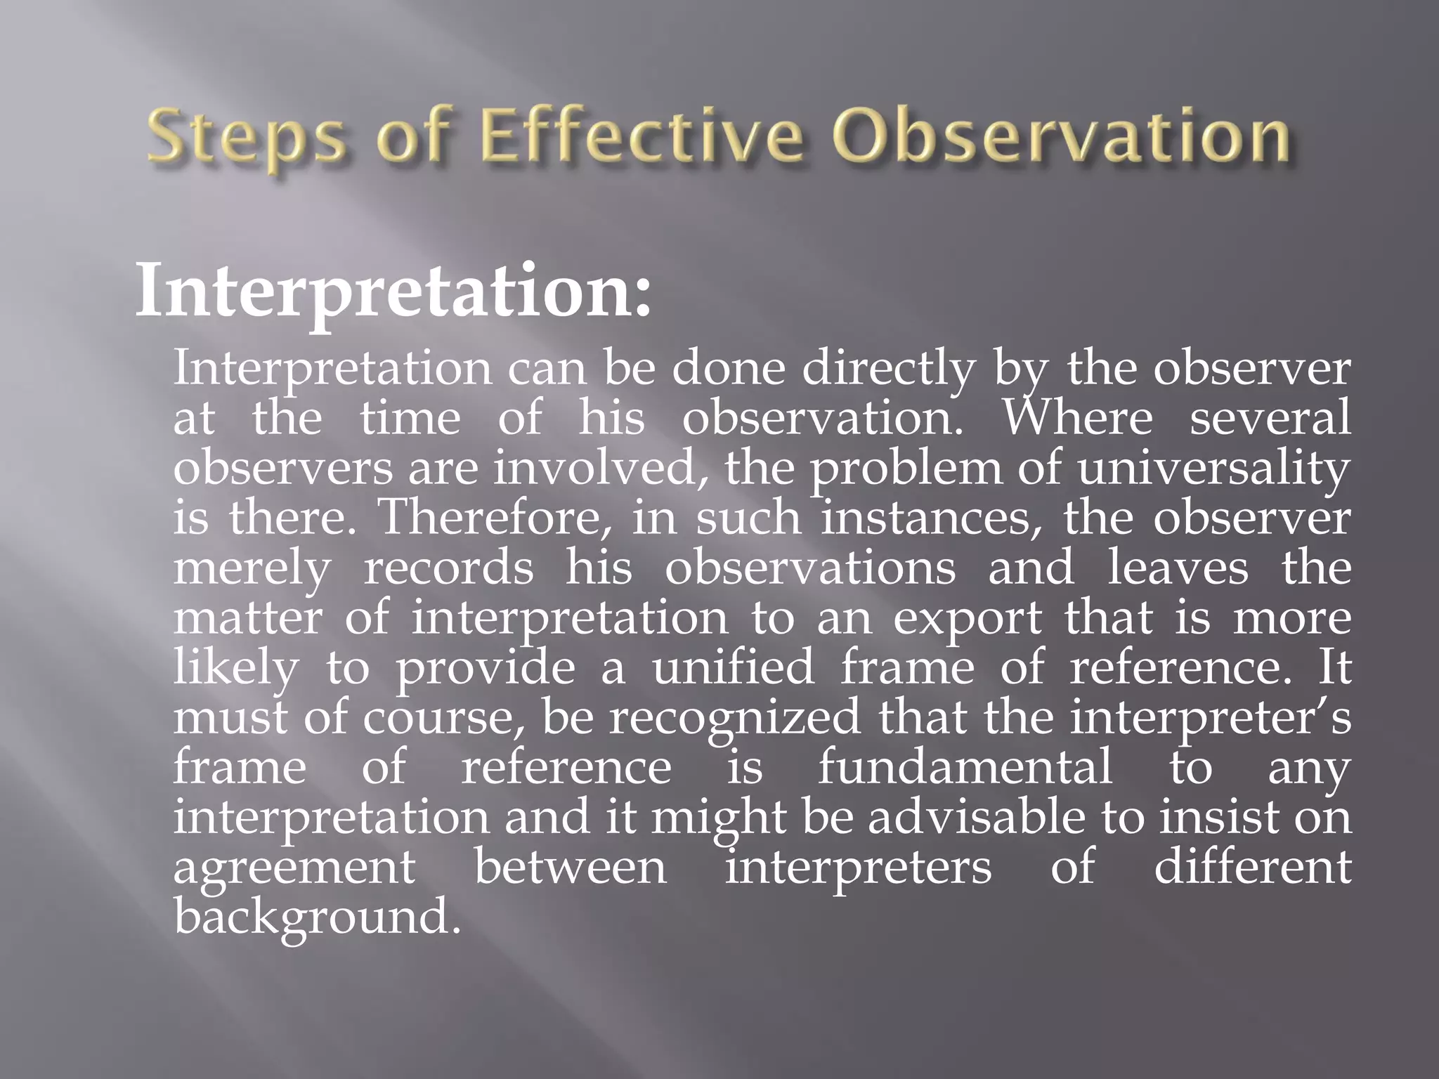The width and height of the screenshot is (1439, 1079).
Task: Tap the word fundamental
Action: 965,767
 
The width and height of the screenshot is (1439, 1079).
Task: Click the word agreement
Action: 294,868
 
